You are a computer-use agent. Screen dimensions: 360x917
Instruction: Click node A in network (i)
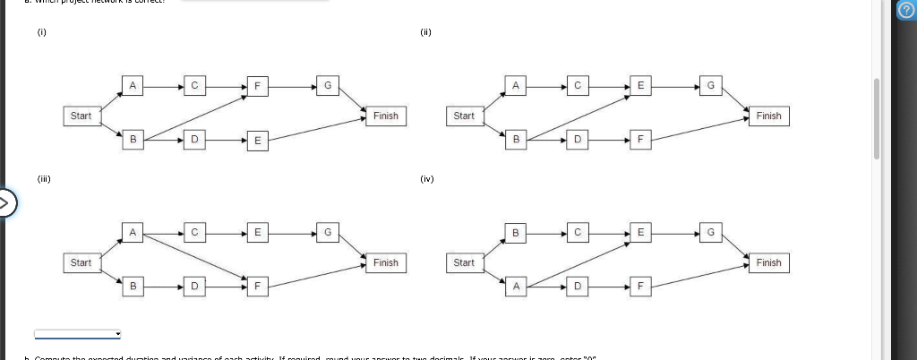pyautogui.click(x=133, y=86)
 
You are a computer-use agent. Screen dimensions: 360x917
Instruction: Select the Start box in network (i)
pyautogui.click(x=81, y=116)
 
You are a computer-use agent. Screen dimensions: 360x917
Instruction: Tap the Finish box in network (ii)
pyautogui.click(x=768, y=116)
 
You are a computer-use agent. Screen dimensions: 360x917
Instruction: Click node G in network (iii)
pyautogui.click(x=328, y=233)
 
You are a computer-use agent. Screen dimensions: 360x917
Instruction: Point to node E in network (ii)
pyautogui.click(x=639, y=86)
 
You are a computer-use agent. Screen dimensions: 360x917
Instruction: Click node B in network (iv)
pyautogui.click(x=516, y=233)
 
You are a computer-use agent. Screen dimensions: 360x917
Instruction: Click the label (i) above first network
pyautogui.click(x=41, y=32)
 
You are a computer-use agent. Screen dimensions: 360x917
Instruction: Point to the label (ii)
pyautogui.click(x=425, y=32)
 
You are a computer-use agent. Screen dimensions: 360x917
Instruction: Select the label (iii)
pyautogui.click(x=44, y=178)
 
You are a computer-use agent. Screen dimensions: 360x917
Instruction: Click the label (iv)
pyautogui.click(x=426, y=178)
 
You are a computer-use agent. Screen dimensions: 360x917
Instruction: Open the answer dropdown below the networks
pyautogui.click(x=78, y=334)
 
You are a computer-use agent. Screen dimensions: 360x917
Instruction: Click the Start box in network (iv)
pyautogui.click(x=464, y=262)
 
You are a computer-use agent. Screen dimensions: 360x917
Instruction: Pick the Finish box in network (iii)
pyautogui.click(x=386, y=262)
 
